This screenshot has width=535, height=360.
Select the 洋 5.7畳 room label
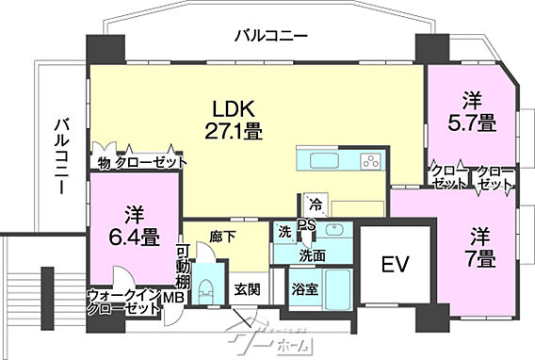coord(472,111)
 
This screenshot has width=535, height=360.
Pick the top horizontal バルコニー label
coord(270,36)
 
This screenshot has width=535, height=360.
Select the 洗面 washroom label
coord(312,254)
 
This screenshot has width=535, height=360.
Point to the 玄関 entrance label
coord(249,288)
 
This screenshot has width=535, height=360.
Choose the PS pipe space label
coord(306,223)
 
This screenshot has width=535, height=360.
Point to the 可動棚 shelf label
coord(184,268)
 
